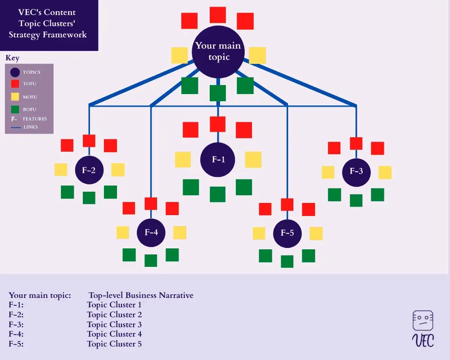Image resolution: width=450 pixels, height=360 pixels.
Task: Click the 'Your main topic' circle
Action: pos(218,51)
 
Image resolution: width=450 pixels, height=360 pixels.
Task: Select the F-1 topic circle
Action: pos(218,159)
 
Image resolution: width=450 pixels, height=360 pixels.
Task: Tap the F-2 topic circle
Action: pos(89,170)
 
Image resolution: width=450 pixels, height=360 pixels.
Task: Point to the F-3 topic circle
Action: pos(356,171)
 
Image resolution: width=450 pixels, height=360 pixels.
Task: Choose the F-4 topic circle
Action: pos(151,233)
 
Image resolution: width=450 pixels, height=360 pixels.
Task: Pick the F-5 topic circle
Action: pos(287,233)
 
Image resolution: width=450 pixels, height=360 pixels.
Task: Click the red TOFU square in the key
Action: pos(15,83)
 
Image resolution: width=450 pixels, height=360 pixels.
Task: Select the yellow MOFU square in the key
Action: pos(15,96)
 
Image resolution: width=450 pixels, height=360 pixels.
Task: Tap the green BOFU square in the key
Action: pos(15,109)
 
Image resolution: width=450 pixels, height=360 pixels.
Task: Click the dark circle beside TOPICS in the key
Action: pos(15,72)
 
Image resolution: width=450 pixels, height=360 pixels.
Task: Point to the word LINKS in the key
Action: pos(31,127)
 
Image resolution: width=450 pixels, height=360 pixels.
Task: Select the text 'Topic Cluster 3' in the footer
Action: pos(114,324)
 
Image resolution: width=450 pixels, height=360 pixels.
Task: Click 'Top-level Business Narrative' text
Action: pos(141,296)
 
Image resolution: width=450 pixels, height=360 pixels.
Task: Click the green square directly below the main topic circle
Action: pos(218,93)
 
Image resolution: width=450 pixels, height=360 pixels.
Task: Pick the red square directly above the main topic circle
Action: pos(218,15)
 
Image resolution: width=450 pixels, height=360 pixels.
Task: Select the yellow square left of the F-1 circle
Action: pos(183,160)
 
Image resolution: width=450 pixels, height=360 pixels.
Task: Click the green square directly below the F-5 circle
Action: pos(287,261)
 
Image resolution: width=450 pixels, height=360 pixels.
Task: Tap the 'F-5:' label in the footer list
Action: pos(16,344)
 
